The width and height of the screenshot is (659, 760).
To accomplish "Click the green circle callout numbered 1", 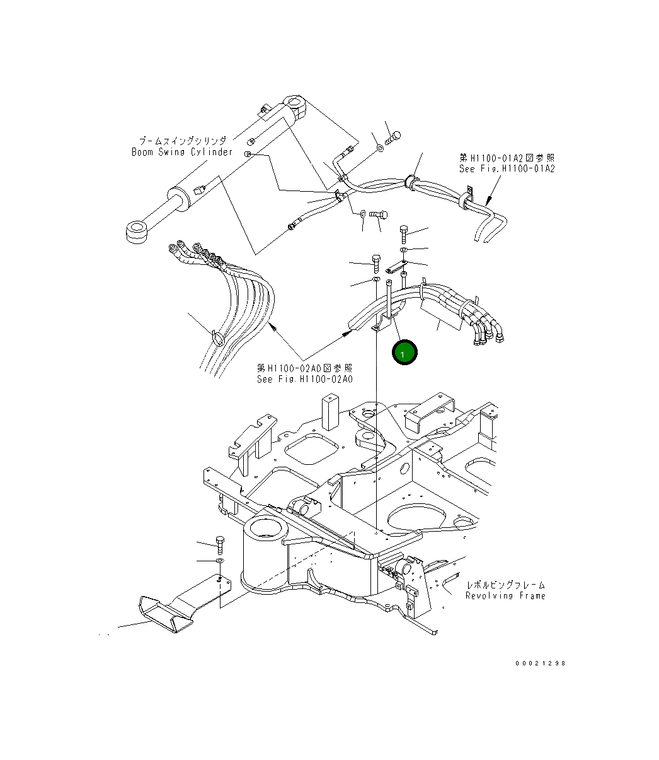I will pyautogui.click(x=404, y=353).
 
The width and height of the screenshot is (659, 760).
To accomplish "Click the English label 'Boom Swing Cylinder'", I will pyautogui.click(x=181, y=152).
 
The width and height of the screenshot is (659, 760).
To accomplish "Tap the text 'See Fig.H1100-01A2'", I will pyautogui.click(x=507, y=169).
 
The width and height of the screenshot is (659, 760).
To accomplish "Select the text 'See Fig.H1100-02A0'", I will pyautogui.click(x=304, y=379).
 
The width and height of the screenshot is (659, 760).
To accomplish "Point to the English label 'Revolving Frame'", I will pyautogui.click(x=505, y=595).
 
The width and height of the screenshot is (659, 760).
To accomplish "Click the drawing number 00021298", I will pyautogui.click(x=540, y=663).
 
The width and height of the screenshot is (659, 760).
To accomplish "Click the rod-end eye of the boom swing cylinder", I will pyautogui.click(x=137, y=231).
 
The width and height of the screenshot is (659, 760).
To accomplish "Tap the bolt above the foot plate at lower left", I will pyautogui.click(x=219, y=543).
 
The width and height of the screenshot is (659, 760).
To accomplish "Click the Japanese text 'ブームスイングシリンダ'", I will pyautogui.click(x=183, y=141).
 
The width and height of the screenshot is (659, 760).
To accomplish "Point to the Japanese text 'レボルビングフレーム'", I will pyautogui.click(x=505, y=585).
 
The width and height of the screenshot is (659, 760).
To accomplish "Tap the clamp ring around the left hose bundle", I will pyautogui.click(x=217, y=338).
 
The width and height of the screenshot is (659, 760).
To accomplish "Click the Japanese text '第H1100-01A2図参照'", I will pyautogui.click(x=507, y=158).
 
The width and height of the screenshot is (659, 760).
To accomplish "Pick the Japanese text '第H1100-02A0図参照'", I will pyautogui.click(x=304, y=368).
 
